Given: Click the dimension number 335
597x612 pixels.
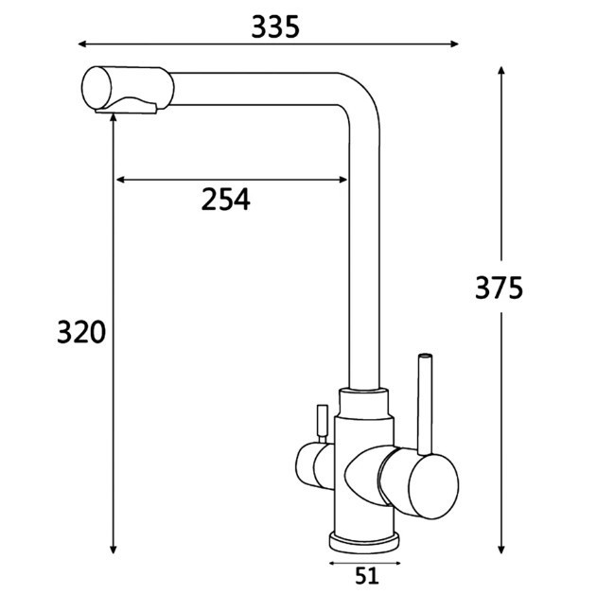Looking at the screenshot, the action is point(275,26).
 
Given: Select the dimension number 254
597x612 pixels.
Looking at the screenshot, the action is point(226,200).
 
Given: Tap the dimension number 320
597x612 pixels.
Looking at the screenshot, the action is point(81,332).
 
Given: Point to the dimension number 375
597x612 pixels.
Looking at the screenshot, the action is point(499,289).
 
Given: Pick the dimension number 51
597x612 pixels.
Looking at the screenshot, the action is point(367,576).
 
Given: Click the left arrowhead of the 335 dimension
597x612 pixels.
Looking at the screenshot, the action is point(82,44).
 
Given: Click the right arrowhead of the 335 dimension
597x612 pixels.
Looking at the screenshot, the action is point(454,44).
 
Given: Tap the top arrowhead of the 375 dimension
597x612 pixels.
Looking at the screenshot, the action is point(501,71).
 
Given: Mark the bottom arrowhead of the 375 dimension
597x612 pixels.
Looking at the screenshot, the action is point(501,549).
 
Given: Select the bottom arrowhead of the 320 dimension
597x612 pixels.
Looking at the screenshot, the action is point(113,549).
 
